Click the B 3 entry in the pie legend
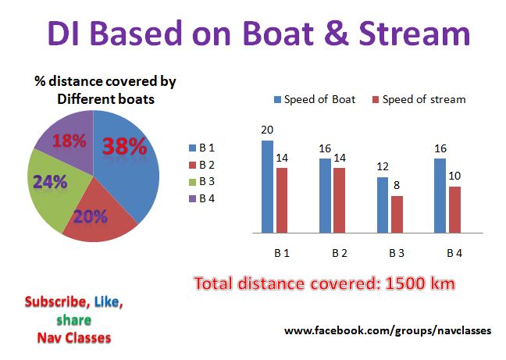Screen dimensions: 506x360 (201, 182)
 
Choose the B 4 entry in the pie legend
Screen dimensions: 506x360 (201, 198)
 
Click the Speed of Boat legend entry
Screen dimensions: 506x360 (315, 99)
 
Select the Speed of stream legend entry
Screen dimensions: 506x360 (419, 99)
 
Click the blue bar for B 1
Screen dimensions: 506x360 (267, 187)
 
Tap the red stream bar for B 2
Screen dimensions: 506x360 (339, 201)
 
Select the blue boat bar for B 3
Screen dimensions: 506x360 (383, 205)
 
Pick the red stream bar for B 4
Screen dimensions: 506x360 (454, 210)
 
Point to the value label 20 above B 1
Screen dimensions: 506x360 (267, 130)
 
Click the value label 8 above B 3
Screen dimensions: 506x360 (397, 186)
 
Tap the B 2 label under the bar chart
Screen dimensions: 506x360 (340, 253)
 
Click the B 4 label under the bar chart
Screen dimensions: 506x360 (454, 253)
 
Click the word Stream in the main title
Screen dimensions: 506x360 (415, 34)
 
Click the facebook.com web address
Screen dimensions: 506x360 (388, 330)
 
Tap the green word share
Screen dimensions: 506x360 (74, 320)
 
